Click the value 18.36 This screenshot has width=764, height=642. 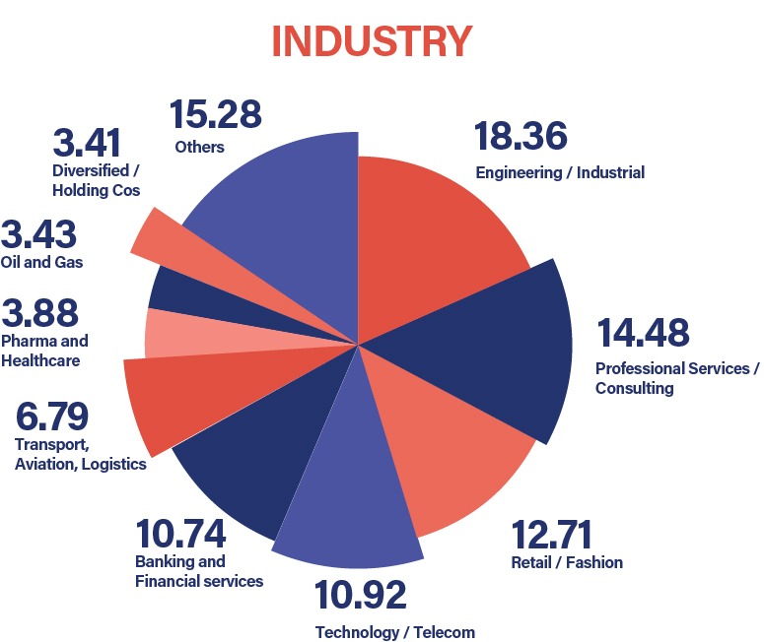(521, 136)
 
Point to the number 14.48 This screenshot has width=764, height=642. (642, 333)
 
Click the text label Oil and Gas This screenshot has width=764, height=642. (42, 263)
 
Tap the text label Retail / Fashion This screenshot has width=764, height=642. (567, 563)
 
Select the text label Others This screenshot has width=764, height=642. (199, 148)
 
